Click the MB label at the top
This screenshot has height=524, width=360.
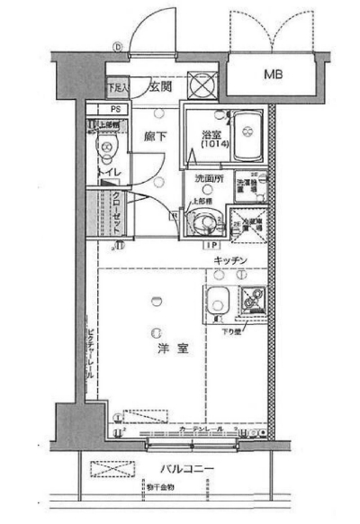[272, 75]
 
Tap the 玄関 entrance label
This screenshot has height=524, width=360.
[160, 86]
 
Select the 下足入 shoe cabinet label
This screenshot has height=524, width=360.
[118, 88]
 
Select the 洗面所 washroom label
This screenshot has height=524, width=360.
[208, 179]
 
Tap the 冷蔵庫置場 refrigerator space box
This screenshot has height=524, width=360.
[245, 221]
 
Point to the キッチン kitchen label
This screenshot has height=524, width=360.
[230, 261]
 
